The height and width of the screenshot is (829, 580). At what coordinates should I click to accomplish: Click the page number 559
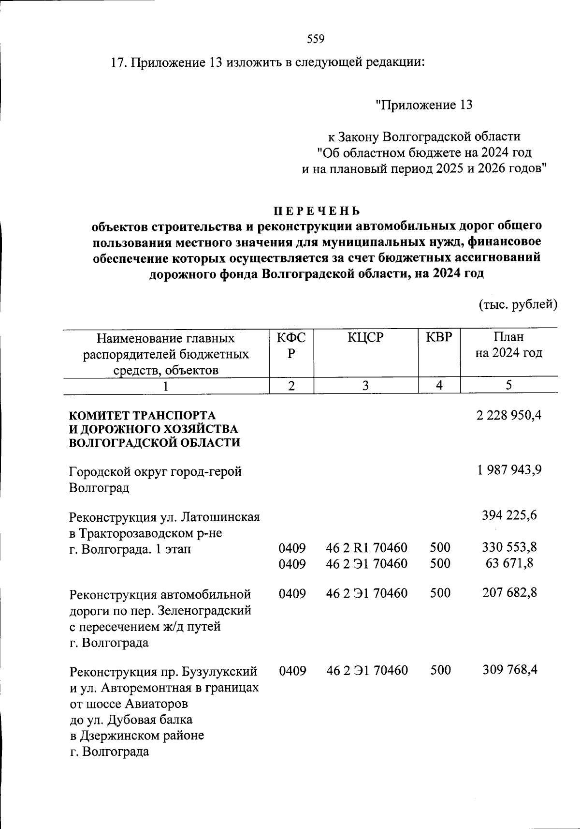pyautogui.click(x=316, y=39)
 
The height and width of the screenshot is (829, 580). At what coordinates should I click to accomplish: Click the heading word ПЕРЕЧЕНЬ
pyautogui.click(x=317, y=211)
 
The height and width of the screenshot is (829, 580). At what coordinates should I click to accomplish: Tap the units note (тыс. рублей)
pyautogui.click(x=518, y=304)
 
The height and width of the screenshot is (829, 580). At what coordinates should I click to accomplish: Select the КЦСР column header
pyautogui.click(x=365, y=338)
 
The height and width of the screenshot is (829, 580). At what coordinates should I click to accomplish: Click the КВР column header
pyautogui.click(x=439, y=337)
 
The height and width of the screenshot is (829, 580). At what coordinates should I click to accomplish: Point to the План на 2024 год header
pyautogui.click(x=508, y=345)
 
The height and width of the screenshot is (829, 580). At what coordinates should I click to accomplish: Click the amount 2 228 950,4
pyautogui.click(x=508, y=415)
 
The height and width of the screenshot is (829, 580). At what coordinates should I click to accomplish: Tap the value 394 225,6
pyautogui.click(x=509, y=515)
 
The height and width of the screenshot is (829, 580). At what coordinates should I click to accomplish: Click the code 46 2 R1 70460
pyautogui.click(x=366, y=548)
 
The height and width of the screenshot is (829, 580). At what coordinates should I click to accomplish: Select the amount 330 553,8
pyautogui.click(x=509, y=547)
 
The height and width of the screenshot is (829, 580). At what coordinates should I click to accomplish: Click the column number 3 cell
pyautogui.click(x=366, y=385)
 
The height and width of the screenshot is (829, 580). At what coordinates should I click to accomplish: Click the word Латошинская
pyautogui.click(x=220, y=517)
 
